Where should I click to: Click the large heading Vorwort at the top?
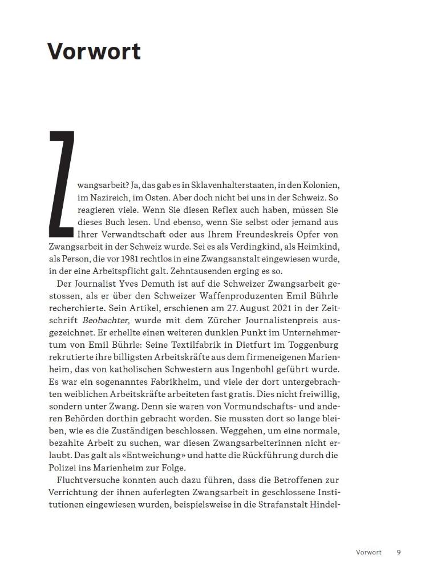pyautogui.click(x=94, y=51)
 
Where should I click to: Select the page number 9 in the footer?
pyautogui.click(x=399, y=552)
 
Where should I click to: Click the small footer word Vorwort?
pyautogui.click(x=369, y=552)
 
